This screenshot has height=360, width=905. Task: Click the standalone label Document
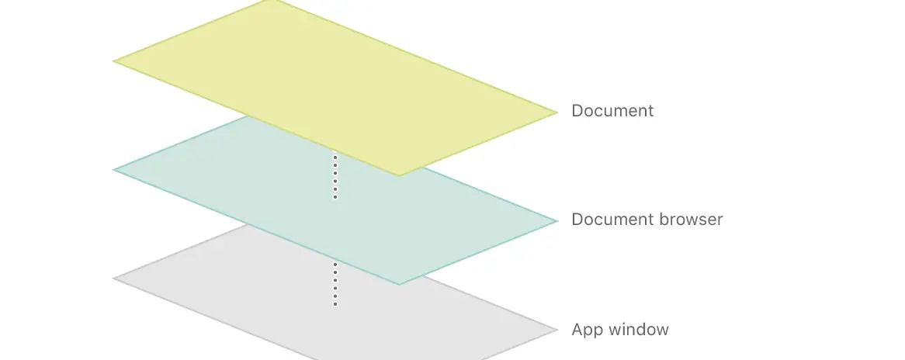click(x=612, y=111)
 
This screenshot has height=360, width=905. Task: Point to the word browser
click(x=691, y=220)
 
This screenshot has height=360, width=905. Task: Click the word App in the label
click(x=586, y=331)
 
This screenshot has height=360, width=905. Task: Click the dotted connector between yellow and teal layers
click(x=335, y=177)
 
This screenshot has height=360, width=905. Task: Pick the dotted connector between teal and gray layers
click(x=335, y=284)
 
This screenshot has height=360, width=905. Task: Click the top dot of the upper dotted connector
click(x=335, y=157)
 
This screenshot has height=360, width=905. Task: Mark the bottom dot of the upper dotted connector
click(x=335, y=197)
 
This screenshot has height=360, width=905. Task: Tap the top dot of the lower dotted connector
click(x=335, y=265)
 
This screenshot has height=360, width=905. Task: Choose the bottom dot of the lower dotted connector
click(x=335, y=304)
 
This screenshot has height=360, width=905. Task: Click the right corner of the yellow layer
click(x=557, y=112)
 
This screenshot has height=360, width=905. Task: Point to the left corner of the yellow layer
click(x=115, y=61)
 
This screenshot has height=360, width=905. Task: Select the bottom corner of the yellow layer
click(x=399, y=175)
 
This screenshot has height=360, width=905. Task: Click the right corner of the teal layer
click(x=557, y=221)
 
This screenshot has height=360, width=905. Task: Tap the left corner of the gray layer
click(x=115, y=278)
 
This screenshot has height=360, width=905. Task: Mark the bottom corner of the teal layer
click(x=399, y=284)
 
